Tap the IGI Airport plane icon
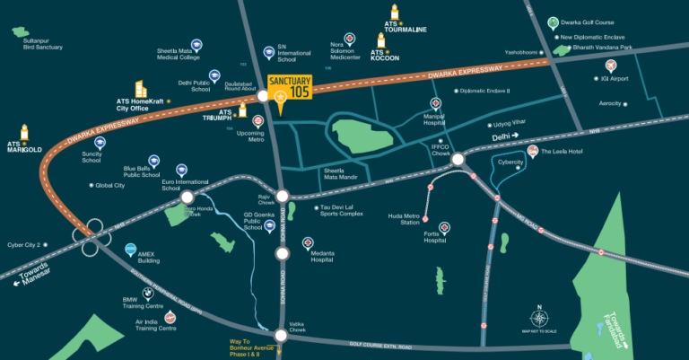tap(611, 66)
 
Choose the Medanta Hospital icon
tap(308, 243)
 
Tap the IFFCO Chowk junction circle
tap(458, 160)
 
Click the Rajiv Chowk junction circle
tap(282, 196)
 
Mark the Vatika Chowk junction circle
tap(282, 335)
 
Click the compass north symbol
tap(539, 318)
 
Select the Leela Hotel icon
tap(533, 150)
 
